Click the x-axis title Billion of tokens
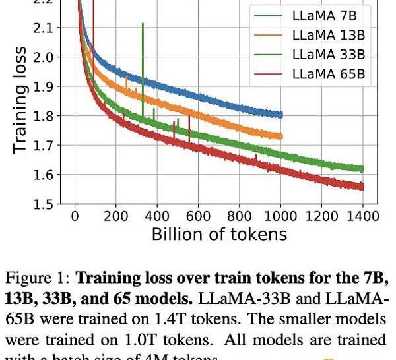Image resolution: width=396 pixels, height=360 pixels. pos(219,234)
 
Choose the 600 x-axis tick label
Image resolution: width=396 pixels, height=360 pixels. pos(199,216)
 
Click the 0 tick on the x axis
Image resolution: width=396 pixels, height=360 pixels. pos(75,216)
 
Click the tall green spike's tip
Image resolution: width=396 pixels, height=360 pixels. pos(143,24)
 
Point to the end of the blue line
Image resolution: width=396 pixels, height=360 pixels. pos(281,115)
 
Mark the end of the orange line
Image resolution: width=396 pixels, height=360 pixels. pos(281,136)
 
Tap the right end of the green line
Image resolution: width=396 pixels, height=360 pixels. pos(362,169)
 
